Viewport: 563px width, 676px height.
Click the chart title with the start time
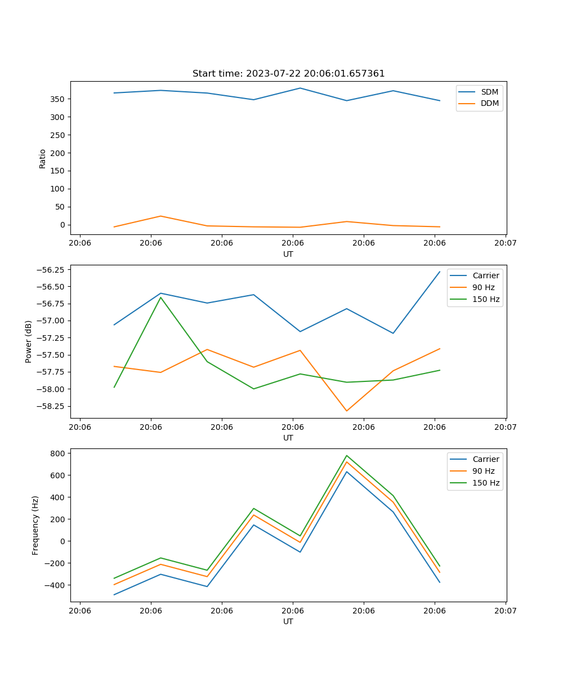pyautogui.click(x=288, y=74)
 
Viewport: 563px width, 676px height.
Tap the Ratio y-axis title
pyautogui.click(x=43, y=158)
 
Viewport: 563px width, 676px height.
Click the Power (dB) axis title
pyautogui.click(x=29, y=341)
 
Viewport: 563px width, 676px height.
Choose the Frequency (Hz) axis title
pyautogui.click(x=35, y=525)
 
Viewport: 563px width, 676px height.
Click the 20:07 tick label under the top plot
pyautogui.click(x=506, y=243)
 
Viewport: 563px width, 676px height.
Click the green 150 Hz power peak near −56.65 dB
pyautogui.click(x=161, y=297)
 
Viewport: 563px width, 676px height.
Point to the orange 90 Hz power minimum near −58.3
pyautogui.click(x=347, y=411)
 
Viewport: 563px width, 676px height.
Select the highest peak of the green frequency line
pyautogui.click(x=347, y=455)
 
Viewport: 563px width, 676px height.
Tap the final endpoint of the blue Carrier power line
pyautogui.click(x=440, y=272)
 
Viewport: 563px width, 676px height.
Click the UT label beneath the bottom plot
pyautogui.click(x=288, y=621)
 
